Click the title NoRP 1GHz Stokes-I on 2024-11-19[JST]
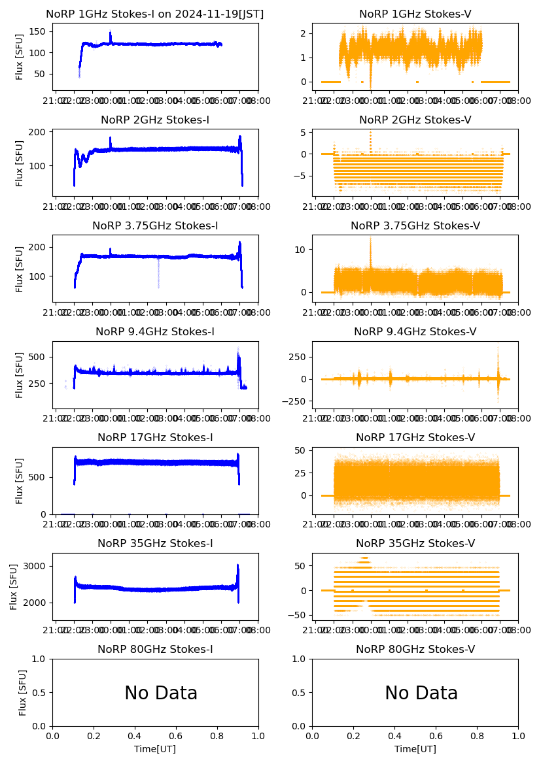155,14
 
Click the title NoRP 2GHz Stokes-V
415,120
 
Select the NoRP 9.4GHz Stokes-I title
155,332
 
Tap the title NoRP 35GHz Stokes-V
415,544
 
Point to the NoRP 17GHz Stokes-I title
155,438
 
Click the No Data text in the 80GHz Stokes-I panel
161,693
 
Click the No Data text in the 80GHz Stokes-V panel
421,693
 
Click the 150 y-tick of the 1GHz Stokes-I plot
39,31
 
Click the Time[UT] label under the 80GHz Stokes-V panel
415,749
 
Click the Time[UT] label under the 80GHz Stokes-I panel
155,749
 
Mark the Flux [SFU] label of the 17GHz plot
20,480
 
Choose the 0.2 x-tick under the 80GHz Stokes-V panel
354,737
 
